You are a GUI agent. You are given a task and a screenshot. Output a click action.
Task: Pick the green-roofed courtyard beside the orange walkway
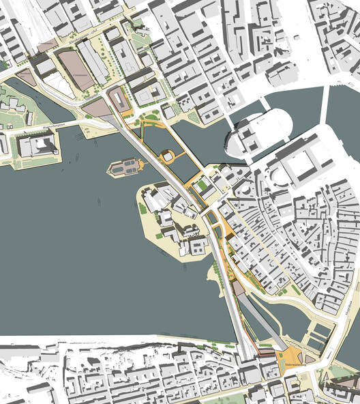pos(202,186)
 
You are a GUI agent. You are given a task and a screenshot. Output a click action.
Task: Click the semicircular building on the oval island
pos(243,134)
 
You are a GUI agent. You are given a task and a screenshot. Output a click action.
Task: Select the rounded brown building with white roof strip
pos(119,100)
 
